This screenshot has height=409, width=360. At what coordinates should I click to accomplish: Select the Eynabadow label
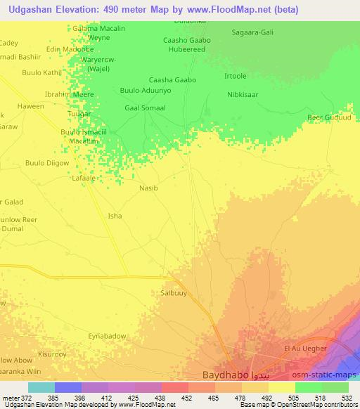[107, 336]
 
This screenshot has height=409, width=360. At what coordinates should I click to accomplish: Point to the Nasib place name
[149, 188]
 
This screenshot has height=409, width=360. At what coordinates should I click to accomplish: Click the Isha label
[114, 216]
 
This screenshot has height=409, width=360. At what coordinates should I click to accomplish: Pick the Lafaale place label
[84, 178]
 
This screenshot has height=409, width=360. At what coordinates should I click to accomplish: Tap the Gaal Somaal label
[145, 108]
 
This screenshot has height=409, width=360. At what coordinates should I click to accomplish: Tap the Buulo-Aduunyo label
[146, 91]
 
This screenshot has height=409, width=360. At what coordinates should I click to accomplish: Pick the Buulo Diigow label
[47, 163]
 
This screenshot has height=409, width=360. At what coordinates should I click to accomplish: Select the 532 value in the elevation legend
[347, 398]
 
